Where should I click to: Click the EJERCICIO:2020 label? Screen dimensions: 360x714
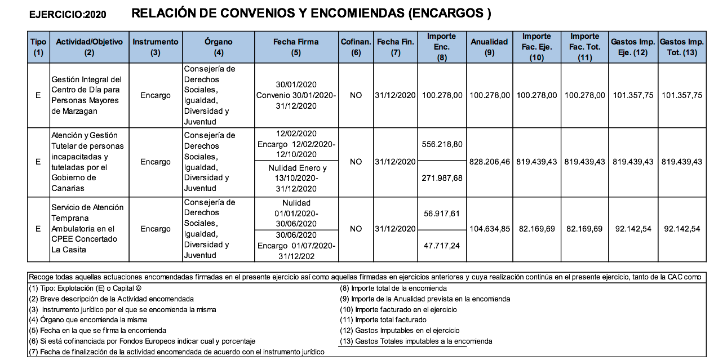[68, 15]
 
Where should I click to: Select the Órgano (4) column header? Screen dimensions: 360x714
[219, 47]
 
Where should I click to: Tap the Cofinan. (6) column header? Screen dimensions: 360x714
[356, 47]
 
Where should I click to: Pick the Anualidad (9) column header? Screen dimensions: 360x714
[489, 47]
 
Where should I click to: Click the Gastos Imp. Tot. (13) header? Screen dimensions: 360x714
[681, 47]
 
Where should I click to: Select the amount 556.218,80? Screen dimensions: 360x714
[442, 144]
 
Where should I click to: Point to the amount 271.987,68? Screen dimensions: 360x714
[442, 178]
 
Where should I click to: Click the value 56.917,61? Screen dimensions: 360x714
[442, 213]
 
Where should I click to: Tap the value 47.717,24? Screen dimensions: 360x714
[442, 246]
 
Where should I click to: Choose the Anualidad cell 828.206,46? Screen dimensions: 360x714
[489, 162]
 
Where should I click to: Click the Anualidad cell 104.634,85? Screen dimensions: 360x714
[489, 229]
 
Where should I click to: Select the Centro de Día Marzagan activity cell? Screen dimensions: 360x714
[86, 95]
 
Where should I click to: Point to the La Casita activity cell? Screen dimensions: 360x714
[87, 229]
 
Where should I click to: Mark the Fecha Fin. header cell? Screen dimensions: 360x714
[396, 47]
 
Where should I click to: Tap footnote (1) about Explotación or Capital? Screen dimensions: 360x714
[85, 288]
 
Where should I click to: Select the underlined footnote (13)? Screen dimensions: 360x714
[416, 341]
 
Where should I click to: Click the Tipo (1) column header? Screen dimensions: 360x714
[38, 47]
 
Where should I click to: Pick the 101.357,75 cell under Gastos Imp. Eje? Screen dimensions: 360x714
[633, 95]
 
